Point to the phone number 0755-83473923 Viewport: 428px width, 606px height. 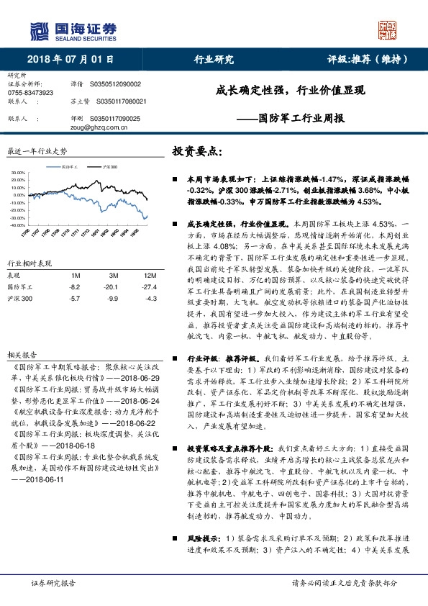tap(30, 93)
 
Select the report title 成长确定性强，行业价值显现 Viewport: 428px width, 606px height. tap(291, 91)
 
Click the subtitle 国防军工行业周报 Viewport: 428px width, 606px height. tap(301, 117)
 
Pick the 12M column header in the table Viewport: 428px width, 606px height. tap(150, 276)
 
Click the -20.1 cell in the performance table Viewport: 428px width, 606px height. tap(112, 286)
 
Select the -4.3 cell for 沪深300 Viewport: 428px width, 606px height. tap(150, 297)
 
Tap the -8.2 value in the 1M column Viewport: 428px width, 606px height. tap(74, 286)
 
